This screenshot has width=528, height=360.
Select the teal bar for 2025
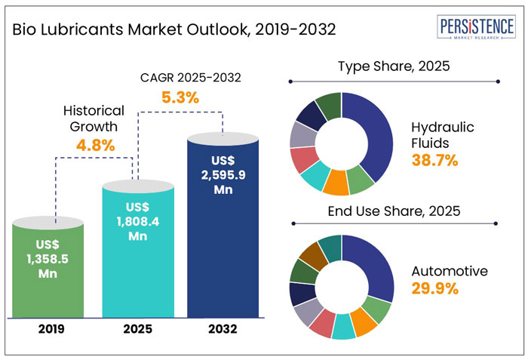tap(134, 249)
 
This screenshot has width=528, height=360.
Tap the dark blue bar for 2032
tap(223, 226)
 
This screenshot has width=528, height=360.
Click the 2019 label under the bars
tap(50, 328)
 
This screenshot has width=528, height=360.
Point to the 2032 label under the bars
tap(223, 328)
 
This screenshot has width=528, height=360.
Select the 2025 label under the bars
tap(135, 328)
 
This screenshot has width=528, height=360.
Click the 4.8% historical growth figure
tap(95, 144)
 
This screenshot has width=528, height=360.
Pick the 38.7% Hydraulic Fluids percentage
tap(434, 160)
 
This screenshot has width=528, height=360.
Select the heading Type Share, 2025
tap(393, 67)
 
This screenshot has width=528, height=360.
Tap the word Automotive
tap(450, 271)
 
